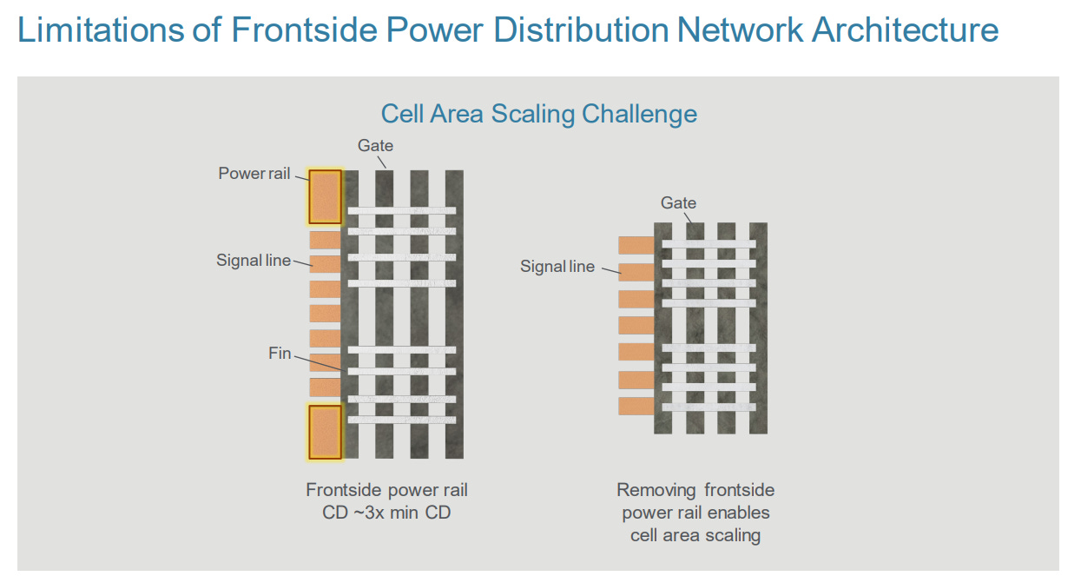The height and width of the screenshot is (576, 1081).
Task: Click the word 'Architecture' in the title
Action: point(905,30)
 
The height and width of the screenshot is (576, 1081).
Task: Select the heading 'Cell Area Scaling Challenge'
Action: point(539,114)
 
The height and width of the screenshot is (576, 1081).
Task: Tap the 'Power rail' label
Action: point(254,174)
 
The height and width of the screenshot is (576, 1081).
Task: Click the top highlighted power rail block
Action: point(326,196)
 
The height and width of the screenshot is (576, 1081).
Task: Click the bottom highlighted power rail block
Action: point(326,432)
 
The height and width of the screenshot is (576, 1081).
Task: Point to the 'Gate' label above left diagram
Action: point(375,146)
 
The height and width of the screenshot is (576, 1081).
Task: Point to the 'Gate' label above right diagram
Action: point(678,203)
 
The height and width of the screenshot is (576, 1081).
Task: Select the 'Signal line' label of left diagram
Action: point(254,261)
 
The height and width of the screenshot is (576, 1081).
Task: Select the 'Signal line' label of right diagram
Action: point(557,267)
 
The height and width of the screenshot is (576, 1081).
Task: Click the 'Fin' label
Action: point(280,354)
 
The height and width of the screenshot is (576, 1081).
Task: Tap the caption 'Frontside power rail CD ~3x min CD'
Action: point(386,501)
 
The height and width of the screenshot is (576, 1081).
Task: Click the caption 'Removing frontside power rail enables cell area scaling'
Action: point(695,513)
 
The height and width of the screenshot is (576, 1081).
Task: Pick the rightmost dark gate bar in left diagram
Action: point(454,314)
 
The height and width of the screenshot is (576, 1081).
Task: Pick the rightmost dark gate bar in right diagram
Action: point(758,328)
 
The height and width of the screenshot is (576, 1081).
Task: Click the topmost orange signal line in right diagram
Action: point(636,246)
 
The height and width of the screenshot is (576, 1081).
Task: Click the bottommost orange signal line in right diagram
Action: point(636,406)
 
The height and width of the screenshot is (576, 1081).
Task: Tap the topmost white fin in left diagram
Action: point(401,211)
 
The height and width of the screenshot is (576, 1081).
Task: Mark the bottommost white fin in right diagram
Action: point(709,407)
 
